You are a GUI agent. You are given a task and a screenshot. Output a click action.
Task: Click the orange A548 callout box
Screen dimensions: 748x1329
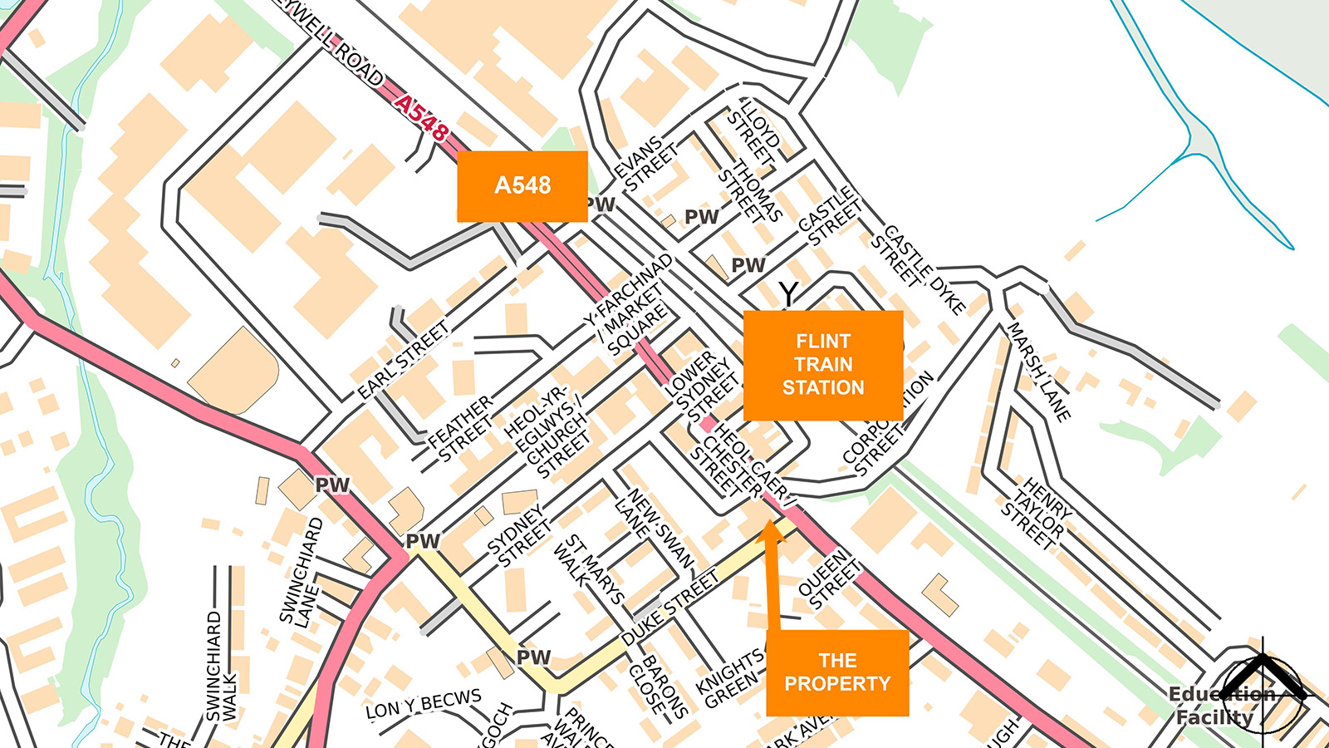click(522, 186)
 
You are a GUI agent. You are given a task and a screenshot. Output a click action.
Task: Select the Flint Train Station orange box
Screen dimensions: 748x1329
click(822, 365)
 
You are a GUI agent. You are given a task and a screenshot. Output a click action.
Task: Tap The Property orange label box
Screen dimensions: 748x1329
click(836, 672)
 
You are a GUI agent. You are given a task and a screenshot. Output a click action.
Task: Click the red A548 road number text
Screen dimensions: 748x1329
click(421, 117)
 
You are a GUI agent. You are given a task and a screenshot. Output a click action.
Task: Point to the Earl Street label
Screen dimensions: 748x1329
click(403, 360)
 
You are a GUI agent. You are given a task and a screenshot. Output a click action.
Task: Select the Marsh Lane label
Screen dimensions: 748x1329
click(1038, 372)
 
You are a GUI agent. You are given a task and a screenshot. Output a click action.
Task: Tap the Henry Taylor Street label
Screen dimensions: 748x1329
click(1036, 513)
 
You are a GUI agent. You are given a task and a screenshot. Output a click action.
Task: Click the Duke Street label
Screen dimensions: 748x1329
click(669, 608)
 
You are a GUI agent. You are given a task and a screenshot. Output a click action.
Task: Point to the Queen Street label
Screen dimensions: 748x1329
click(828, 578)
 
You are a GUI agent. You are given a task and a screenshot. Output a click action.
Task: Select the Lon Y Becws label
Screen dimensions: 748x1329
click(424, 705)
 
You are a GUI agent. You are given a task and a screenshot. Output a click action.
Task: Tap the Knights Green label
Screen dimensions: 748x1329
click(731, 678)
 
